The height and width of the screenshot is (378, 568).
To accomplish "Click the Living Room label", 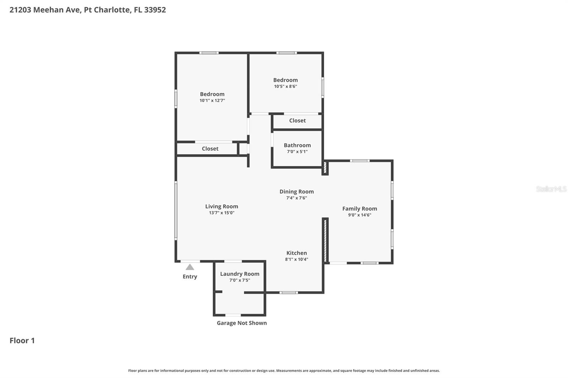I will pyautogui.click(x=222, y=206).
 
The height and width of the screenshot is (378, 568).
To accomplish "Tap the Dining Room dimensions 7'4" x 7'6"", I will pyautogui.click(x=296, y=198).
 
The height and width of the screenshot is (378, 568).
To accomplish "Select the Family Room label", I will pyautogui.click(x=360, y=209).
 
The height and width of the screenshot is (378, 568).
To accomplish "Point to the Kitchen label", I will pyautogui.click(x=296, y=253).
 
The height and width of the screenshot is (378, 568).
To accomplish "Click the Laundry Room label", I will pyautogui.click(x=240, y=274).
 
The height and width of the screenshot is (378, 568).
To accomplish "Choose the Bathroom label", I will pyautogui.click(x=297, y=145).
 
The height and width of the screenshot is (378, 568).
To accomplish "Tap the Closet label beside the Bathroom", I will pyautogui.click(x=297, y=121).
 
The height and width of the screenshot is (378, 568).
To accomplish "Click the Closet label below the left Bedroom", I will pyautogui.click(x=210, y=149).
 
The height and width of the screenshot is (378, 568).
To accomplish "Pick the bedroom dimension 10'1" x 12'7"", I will pyautogui.click(x=212, y=101).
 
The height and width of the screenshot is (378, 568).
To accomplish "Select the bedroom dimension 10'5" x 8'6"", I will pyautogui.click(x=285, y=87).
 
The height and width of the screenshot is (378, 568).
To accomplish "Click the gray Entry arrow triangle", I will pyautogui.click(x=190, y=267).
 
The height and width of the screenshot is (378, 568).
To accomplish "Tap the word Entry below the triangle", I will pyautogui.click(x=190, y=277).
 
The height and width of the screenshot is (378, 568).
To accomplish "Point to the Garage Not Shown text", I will pyautogui.click(x=242, y=323).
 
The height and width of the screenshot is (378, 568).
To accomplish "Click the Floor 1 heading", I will pyautogui.click(x=22, y=341).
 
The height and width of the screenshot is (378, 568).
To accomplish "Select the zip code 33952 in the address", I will pyautogui.click(x=155, y=10).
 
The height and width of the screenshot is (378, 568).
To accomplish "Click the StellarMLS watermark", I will pyautogui.click(x=551, y=189).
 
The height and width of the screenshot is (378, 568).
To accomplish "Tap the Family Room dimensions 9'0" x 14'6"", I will pyautogui.click(x=360, y=215).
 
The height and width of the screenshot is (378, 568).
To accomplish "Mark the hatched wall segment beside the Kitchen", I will pyautogui.click(x=325, y=240).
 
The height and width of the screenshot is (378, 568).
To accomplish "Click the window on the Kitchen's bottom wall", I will pyautogui.click(x=289, y=293).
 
